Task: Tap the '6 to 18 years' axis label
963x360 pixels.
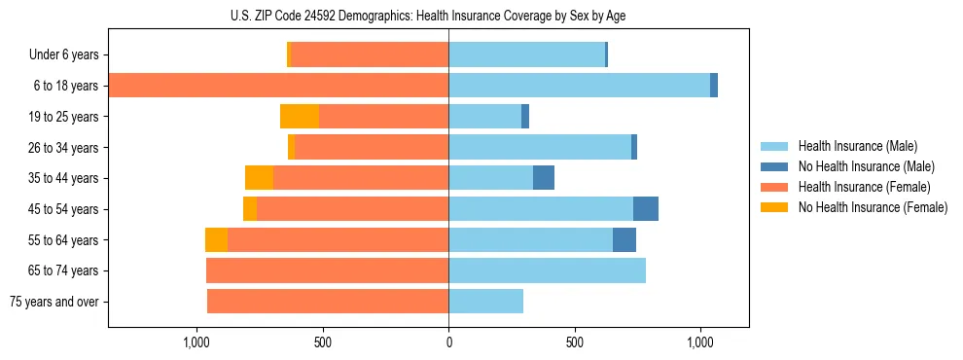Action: pos(66,86)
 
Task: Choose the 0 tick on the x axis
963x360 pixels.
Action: pos(448,343)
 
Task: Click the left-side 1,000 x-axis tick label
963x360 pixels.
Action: pos(196,343)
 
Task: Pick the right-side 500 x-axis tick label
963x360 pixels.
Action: pos(575,343)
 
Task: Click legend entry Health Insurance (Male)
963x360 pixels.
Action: pos(857,146)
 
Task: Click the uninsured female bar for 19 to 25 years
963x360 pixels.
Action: pos(300,117)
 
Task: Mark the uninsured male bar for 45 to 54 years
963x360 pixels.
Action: pos(646,209)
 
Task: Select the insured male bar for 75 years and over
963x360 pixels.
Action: pos(485,302)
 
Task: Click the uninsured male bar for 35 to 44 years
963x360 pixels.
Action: pos(544,178)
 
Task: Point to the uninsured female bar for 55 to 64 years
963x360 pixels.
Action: pos(216,240)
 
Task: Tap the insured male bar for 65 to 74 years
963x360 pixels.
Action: pos(547,270)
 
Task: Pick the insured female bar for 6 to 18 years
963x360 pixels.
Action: pos(278,86)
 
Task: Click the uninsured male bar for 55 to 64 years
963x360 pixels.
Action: pos(624,240)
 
